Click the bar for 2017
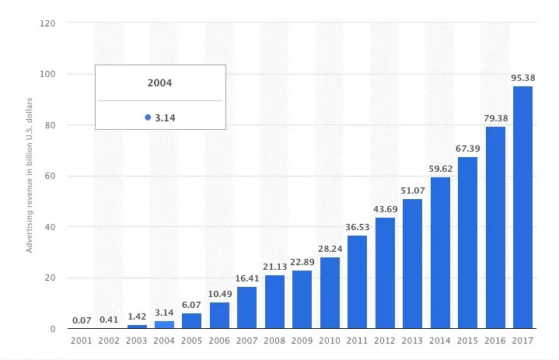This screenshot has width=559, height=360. click(522, 207)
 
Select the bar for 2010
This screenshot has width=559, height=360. click(330, 292)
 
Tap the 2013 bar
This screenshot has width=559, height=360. click(413, 264)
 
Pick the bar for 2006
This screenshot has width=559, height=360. click(219, 315)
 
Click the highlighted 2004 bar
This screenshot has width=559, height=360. click(164, 324)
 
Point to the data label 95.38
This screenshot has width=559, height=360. click(523, 78)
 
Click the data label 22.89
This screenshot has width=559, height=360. click(302, 262)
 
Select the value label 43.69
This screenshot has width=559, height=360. click(386, 209)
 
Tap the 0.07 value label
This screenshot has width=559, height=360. click(82, 320)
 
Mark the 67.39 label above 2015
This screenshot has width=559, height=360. click(468, 149)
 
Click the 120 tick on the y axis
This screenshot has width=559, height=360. click(47, 23)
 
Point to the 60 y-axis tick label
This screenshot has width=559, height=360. click(51, 176)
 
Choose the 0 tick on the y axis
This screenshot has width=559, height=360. click(53, 329)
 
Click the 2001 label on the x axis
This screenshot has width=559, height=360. click(82, 341)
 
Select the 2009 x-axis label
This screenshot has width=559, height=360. click(302, 341)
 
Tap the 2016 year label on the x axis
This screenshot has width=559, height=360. click(494, 341)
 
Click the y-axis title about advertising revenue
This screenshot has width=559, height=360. click(30, 176)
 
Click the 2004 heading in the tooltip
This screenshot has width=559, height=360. click(159, 83)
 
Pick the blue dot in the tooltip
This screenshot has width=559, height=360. click(148, 117)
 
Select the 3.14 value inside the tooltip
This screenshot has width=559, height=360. click(165, 118)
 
